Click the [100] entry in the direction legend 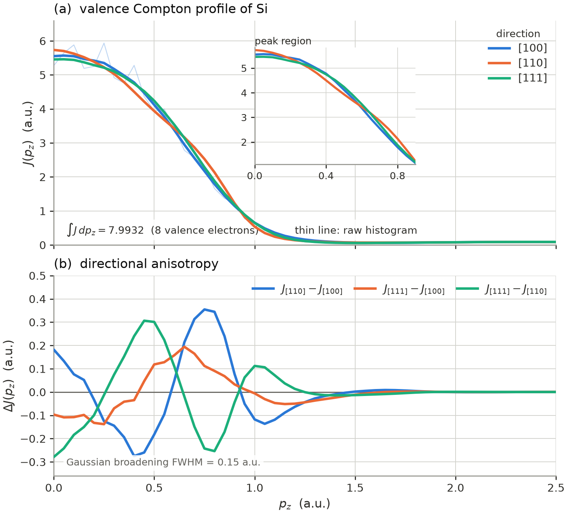click(517, 48)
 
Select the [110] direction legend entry click(517, 63)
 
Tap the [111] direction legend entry click(517, 78)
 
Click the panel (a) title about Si click(161, 9)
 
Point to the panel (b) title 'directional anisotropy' click(136, 264)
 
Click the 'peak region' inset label click(283, 41)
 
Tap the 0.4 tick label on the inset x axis click(326, 176)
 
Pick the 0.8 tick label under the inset click(398, 176)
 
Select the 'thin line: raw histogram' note click(356, 230)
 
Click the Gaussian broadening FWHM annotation click(163, 462)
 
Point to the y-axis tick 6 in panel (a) click(43, 41)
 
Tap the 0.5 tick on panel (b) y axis click(37, 276)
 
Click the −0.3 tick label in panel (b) click(33, 462)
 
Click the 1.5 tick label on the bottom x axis click(355, 488)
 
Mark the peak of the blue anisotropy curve click(205, 309)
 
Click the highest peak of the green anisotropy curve click(144, 320)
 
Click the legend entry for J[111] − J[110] click(501, 289)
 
